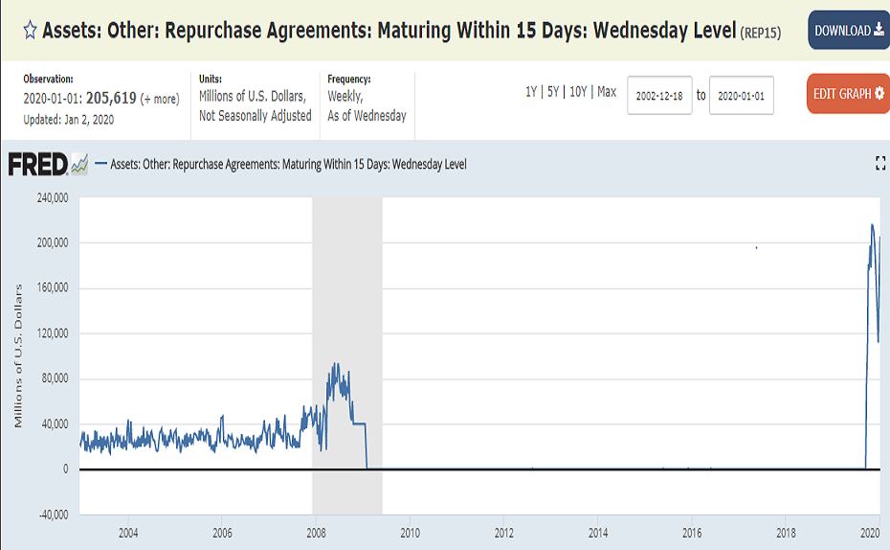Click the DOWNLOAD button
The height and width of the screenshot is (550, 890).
point(848,31)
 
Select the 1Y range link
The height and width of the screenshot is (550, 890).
point(531,92)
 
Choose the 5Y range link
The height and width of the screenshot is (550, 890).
point(553,92)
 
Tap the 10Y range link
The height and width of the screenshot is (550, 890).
point(579,92)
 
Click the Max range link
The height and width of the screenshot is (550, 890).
point(607,92)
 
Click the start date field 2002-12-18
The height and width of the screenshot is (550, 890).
point(659,95)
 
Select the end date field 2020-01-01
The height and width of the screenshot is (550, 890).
point(741,95)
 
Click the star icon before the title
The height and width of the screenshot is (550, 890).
point(30,30)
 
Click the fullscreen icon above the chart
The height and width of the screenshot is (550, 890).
point(880,165)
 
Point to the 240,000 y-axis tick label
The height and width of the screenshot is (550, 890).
point(48,198)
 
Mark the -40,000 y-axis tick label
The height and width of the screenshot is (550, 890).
point(48,514)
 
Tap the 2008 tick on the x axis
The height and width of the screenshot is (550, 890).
point(315,533)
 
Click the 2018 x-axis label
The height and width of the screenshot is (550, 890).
point(786,533)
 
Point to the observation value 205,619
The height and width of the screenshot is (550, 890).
point(113,98)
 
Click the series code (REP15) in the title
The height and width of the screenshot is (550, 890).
point(761,32)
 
